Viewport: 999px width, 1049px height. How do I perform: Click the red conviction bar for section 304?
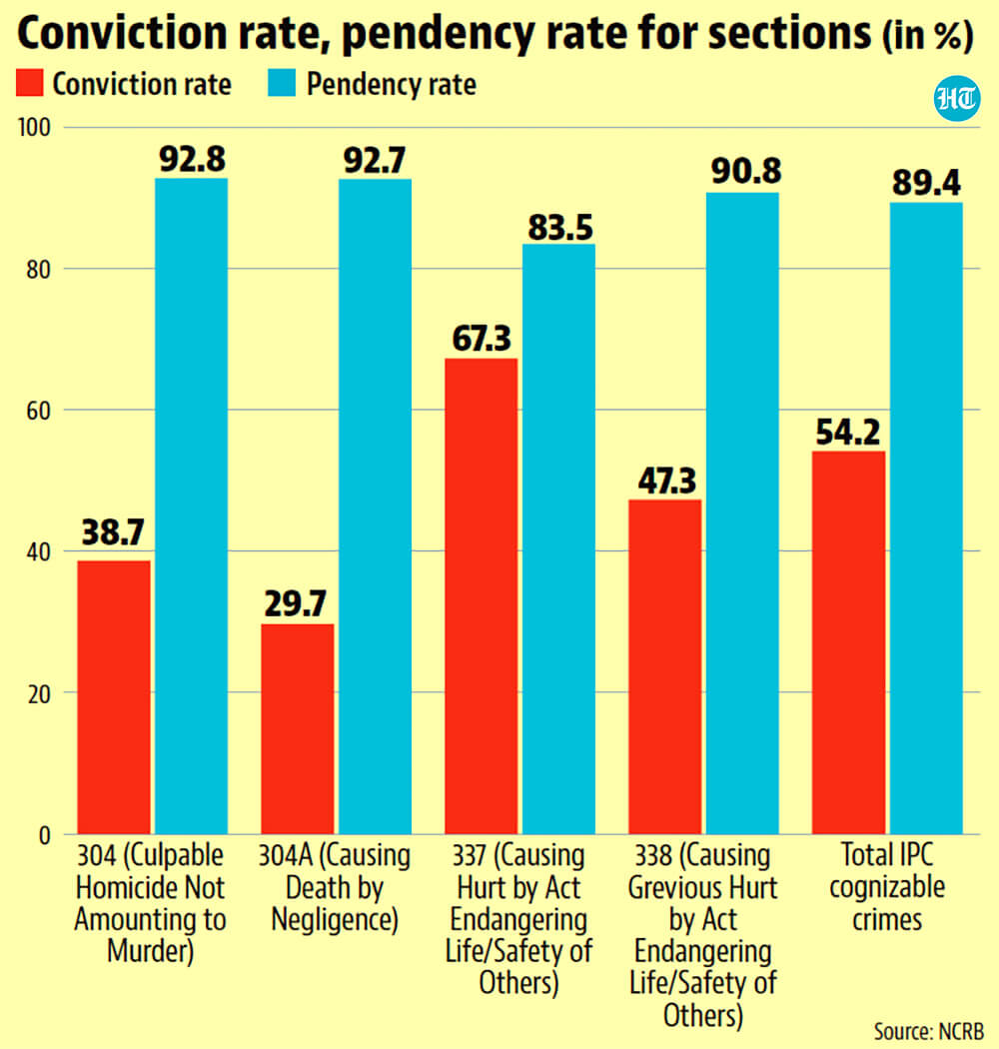[114, 697]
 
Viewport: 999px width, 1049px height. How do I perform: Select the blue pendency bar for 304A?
[375, 507]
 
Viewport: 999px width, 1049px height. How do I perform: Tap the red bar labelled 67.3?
[482, 596]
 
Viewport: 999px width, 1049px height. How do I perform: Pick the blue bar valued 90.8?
[742, 514]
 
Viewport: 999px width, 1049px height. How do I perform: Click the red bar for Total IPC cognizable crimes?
[848, 642]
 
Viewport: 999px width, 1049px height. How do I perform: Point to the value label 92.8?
[192, 159]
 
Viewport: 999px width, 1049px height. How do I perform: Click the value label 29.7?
[295, 603]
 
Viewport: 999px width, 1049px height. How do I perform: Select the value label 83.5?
[560, 228]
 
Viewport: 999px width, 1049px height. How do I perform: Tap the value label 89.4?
[926, 183]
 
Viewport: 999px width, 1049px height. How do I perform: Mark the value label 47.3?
[666, 481]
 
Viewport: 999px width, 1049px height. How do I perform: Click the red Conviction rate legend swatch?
[29, 83]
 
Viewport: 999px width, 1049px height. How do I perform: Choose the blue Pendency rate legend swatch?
[282, 83]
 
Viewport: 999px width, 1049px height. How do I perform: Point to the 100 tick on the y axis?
[35, 127]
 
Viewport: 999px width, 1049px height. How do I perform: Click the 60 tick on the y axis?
[39, 410]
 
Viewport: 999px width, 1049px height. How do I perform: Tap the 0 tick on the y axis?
[45, 835]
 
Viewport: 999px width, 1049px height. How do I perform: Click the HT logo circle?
[957, 98]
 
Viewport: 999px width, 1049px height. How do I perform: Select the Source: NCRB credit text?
[929, 1031]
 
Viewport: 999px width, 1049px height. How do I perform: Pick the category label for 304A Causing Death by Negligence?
[335, 887]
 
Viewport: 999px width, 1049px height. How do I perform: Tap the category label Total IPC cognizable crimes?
[887, 887]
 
